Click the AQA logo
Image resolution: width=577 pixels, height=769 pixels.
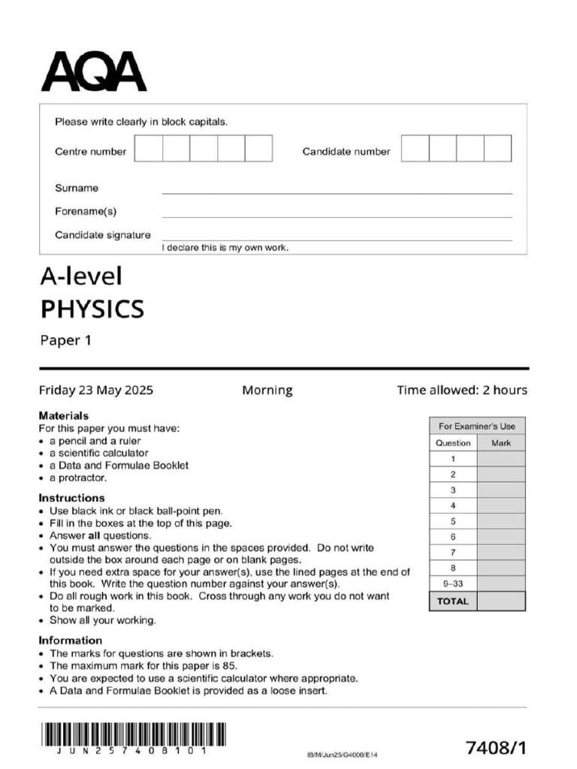tap(93, 71)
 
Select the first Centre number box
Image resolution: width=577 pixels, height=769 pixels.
tap(148, 149)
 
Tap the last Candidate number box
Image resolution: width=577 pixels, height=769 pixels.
tap(497, 149)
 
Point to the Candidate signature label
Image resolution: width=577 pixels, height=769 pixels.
tap(102, 235)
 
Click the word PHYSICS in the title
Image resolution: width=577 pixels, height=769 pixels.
tap(92, 309)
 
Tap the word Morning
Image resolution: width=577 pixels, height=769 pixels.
tap(267, 391)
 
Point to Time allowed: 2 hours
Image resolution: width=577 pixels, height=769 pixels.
tap(462, 391)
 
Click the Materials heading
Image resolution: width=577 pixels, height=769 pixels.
tap(63, 415)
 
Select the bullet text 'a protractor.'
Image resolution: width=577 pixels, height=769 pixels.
tap(78, 478)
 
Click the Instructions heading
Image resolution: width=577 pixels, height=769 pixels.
tap(71, 498)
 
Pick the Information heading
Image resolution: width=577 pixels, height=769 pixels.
tap(70, 641)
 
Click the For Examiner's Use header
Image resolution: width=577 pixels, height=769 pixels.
tap(477, 426)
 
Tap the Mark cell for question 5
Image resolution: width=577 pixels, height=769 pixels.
tap(501, 521)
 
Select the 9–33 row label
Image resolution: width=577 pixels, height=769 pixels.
tap(453, 584)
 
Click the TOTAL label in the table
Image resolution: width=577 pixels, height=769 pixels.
tap(453, 602)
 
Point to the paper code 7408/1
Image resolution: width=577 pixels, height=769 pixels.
tap(496, 748)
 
